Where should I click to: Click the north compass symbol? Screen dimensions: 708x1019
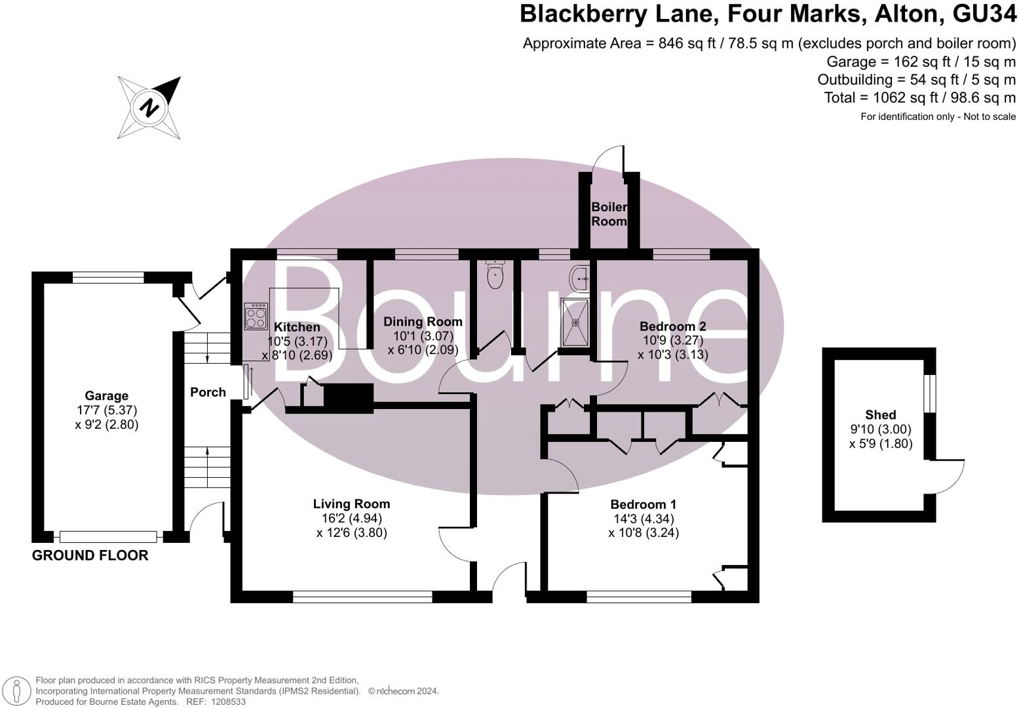coord(149,108)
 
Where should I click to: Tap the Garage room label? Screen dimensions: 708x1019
coord(106,396)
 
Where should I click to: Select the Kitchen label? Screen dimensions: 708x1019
coord(297,327)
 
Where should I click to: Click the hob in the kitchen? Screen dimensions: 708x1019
coord(256,317)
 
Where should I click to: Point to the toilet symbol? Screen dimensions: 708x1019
coord(495,275)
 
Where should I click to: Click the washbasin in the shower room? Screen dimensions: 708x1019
coord(580,279)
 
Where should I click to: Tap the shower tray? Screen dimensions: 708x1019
coord(575,323)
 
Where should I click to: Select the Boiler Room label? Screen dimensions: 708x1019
coord(609,214)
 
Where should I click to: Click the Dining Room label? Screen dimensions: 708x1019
coord(423,322)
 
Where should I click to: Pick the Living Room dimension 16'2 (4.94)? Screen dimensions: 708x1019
coord(351,518)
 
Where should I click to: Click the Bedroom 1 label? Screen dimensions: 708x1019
coord(643,504)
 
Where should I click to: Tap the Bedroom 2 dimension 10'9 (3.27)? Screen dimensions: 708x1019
coord(672,340)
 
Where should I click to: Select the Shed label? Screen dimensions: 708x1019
coord(880,414)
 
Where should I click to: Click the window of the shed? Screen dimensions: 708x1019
coord(929,393)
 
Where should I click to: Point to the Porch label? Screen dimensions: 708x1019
coord(208,392)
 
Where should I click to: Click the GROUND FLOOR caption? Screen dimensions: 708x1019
coord(90,555)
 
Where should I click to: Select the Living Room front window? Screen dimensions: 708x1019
coord(362,597)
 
